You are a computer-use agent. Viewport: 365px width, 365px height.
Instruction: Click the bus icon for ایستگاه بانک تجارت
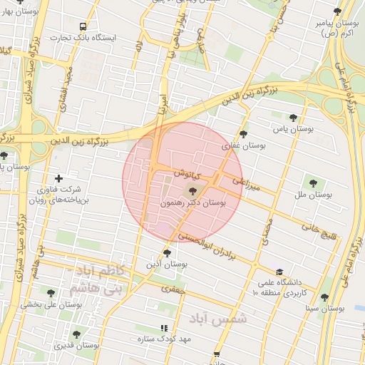coord(83,26)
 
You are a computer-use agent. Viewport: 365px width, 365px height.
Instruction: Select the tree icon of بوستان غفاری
coord(243,133)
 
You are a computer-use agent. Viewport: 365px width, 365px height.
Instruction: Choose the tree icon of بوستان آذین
coord(167,252)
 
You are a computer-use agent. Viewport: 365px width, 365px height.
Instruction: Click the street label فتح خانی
coord(321,230)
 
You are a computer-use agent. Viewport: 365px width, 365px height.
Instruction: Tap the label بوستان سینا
coord(324,309)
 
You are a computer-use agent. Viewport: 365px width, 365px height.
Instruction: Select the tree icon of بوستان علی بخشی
coord(50,292)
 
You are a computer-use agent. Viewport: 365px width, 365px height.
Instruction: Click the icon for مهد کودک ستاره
coord(164,327)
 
